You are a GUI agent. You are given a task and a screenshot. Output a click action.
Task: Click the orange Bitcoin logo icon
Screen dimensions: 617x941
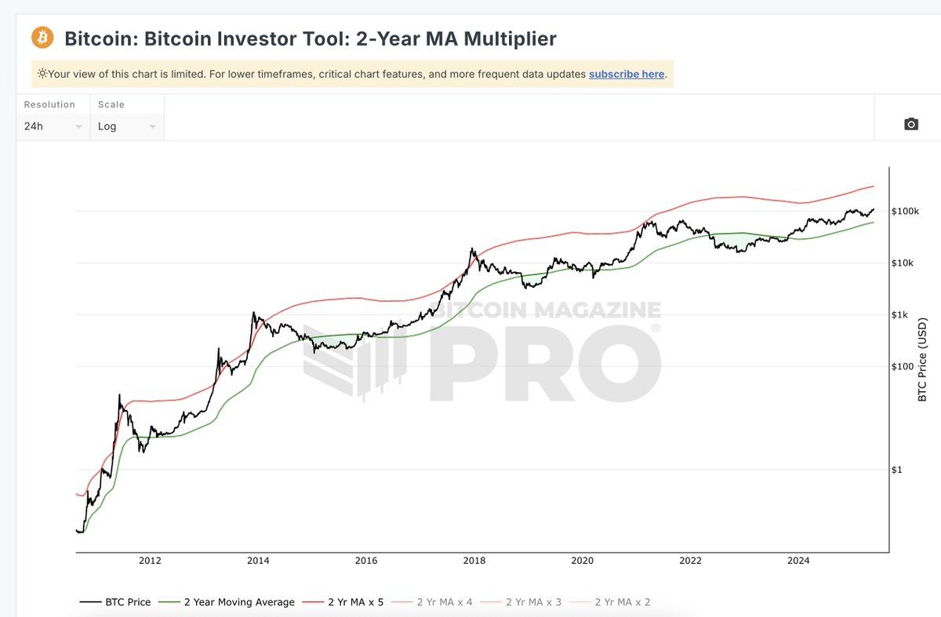click(x=42, y=37)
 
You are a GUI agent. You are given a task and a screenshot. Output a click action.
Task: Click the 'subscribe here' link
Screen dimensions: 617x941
click(x=627, y=74)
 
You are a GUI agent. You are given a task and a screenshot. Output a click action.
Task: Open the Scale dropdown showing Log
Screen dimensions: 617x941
click(x=127, y=126)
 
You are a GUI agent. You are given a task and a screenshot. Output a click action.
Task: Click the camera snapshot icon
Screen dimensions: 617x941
click(x=910, y=124)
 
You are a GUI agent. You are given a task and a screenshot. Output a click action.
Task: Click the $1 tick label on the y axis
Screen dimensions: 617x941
click(x=899, y=470)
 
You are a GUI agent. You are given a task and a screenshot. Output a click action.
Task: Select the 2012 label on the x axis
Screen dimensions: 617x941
click(x=150, y=561)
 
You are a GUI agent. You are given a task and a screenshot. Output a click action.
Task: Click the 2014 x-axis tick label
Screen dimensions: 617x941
click(x=258, y=561)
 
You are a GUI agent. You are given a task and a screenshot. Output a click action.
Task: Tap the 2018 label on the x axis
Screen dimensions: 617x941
click(x=474, y=561)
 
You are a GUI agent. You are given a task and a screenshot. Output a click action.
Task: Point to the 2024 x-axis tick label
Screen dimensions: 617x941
click(x=798, y=561)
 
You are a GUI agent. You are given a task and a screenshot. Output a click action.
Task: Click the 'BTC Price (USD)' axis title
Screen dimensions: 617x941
click(x=922, y=360)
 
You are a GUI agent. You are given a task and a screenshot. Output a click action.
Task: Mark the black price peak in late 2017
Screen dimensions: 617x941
click(x=472, y=249)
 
